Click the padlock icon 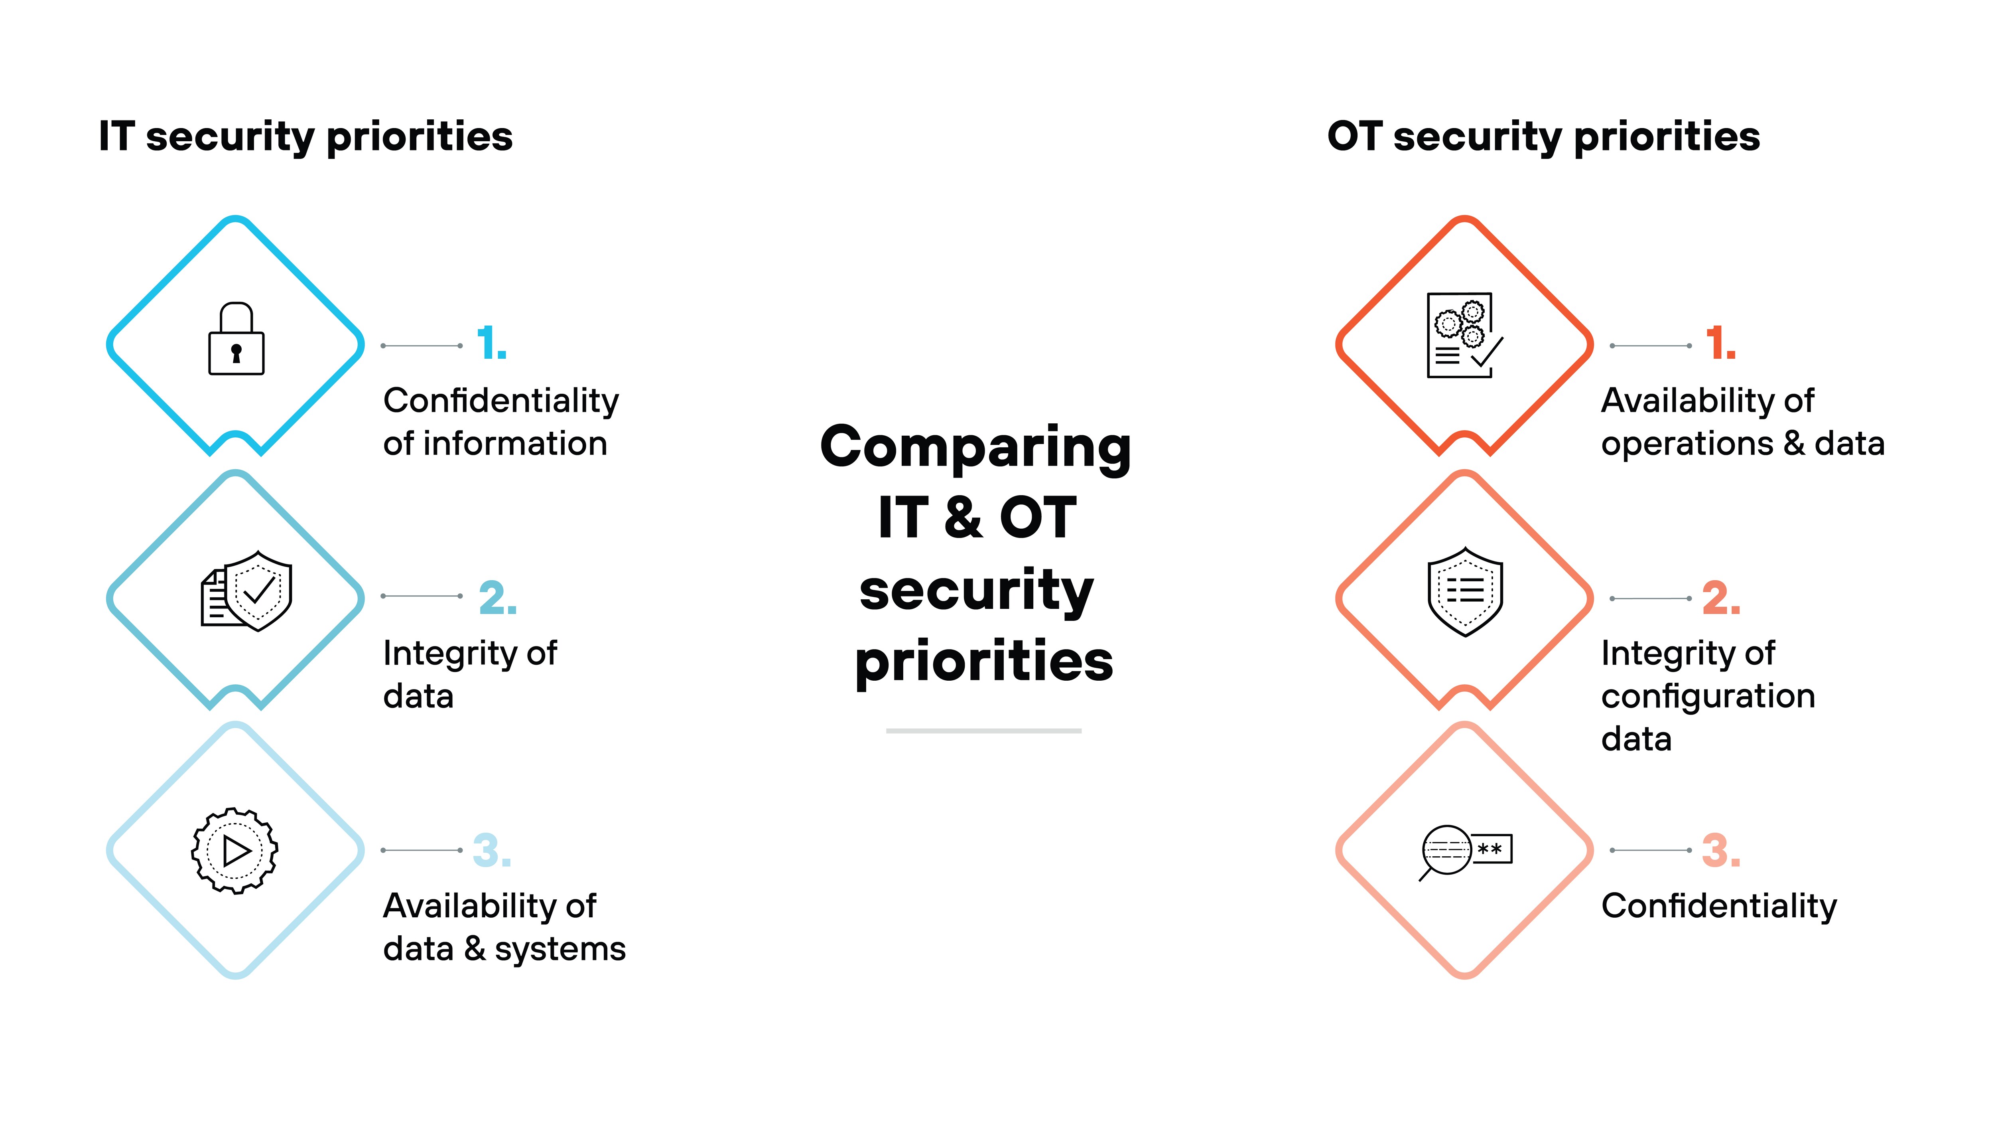point(236,339)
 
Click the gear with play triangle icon point(234,851)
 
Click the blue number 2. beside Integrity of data point(497,598)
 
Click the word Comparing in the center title point(975,448)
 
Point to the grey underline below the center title point(983,730)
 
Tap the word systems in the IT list point(560,949)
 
